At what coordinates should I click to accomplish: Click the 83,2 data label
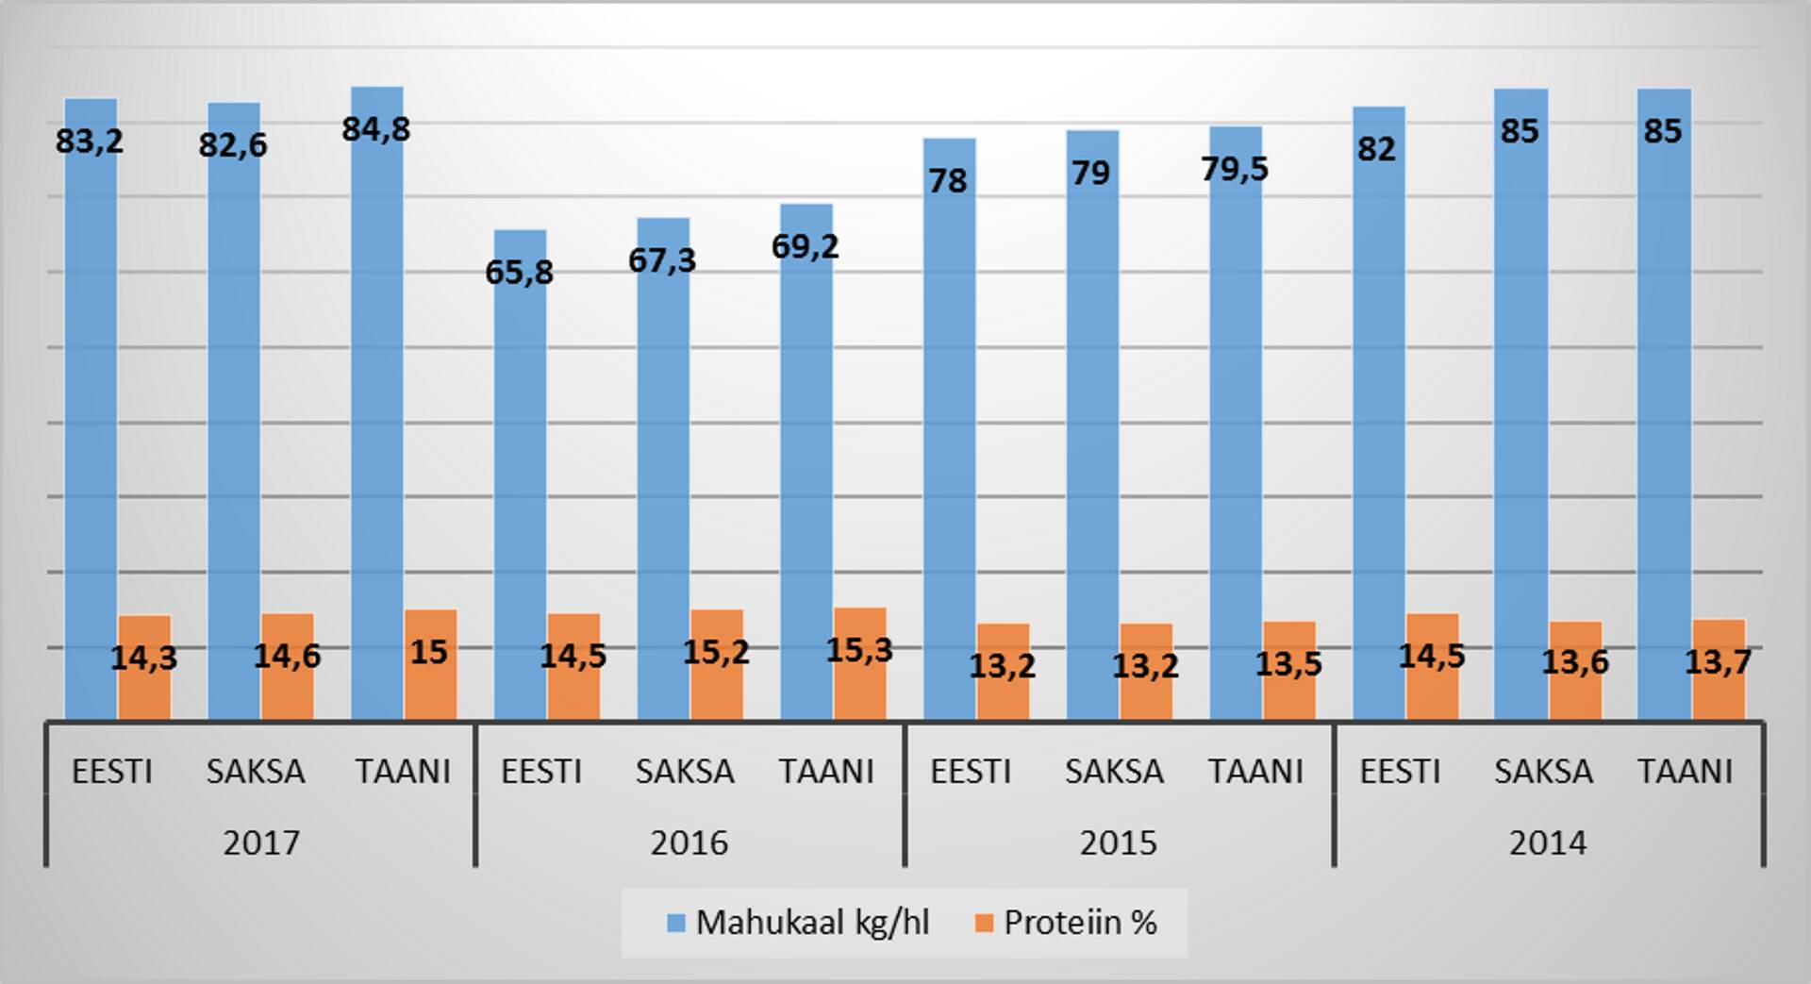click(90, 142)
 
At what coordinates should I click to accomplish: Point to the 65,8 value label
click(519, 273)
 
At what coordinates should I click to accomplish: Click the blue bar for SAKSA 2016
click(663, 472)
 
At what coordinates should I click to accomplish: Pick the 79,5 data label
click(1235, 169)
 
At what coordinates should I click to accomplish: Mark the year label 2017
click(261, 842)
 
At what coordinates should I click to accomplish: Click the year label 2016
click(690, 842)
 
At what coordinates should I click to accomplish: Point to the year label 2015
click(1119, 842)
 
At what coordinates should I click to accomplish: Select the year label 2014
click(1548, 842)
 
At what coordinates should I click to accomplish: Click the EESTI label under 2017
click(112, 772)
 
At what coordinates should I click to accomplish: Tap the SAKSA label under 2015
click(1114, 772)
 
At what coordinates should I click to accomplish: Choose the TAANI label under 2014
click(1685, 772)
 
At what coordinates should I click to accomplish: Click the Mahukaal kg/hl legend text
click(812, 923)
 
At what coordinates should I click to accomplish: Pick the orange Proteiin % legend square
click(984, 924)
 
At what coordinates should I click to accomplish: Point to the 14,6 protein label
click(287, 656)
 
